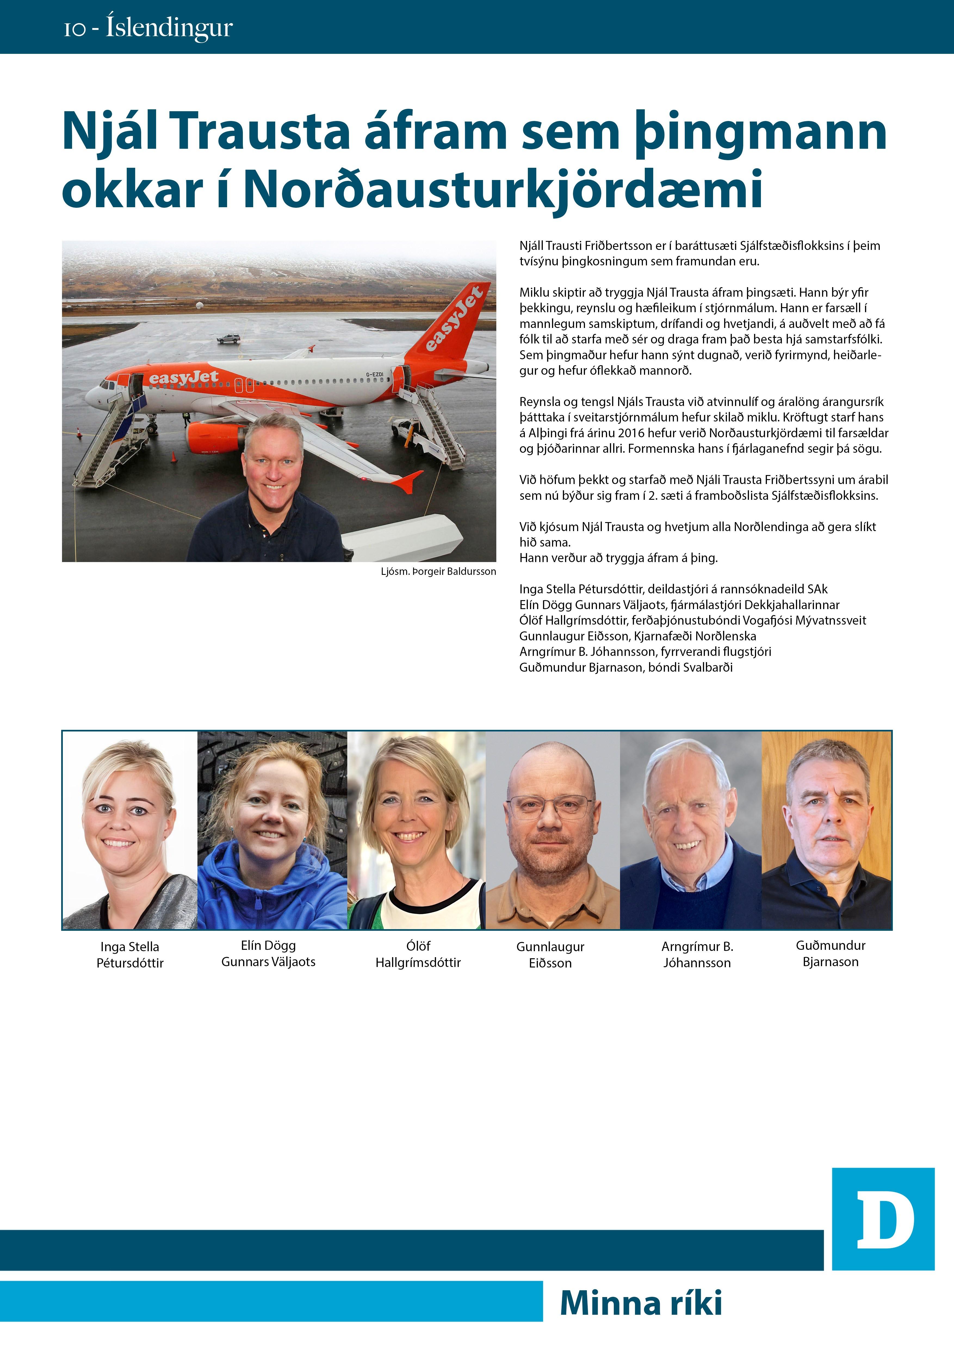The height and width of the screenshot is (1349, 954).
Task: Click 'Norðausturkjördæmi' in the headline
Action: (503, 189)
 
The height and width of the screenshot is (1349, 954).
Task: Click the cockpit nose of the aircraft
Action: (94, 395)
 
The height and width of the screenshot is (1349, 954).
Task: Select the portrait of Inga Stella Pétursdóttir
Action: (130, 830)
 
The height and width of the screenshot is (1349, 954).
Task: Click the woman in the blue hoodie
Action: (272, 830)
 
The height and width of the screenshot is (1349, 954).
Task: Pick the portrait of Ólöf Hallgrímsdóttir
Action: (417, 830)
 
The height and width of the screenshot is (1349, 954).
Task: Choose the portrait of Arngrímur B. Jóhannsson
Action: (690, 830)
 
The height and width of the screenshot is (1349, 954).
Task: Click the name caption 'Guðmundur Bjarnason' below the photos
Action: (830, 954)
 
